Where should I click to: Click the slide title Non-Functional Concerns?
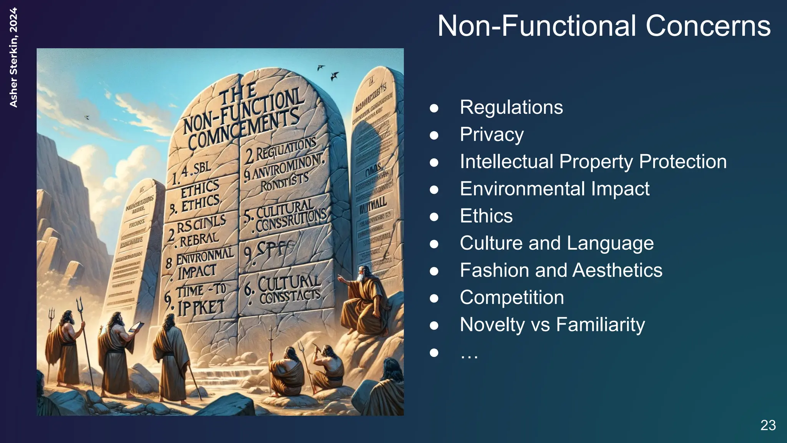tap(604, 26)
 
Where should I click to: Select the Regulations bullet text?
tap(511, 107)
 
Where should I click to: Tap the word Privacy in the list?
tap(491, 135)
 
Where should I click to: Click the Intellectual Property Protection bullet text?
tap(593, 162)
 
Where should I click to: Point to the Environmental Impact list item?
tap(554, 189)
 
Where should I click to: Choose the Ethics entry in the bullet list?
tap(486, 216)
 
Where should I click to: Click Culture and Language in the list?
tap(556, 243)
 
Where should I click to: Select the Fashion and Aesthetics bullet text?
tap(561, 270)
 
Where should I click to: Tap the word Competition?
tap(511, 298)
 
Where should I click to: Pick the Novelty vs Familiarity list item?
tap(552, 325)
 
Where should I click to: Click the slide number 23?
tap(768, 425)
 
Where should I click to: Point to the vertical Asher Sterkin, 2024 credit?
tap(13, 58)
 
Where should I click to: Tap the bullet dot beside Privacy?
tap(434, 135)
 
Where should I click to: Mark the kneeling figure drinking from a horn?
tap(326, 365)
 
